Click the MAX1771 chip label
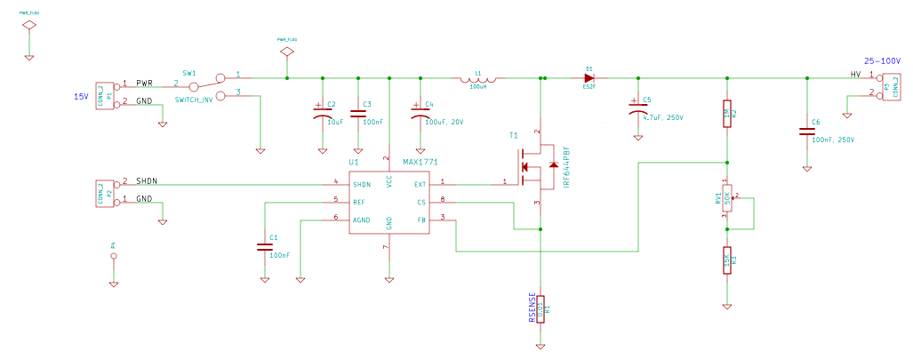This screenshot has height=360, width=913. (420, 163)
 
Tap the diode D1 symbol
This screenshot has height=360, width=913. (589, 78)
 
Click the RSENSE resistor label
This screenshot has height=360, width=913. (533, 308)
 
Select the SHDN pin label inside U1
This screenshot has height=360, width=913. (362, 185)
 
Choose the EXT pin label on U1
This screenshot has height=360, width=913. (420, 185)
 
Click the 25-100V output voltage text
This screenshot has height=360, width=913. (885, 61)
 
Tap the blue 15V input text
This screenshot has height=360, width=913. (80, 96)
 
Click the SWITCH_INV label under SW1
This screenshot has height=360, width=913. (194, 100)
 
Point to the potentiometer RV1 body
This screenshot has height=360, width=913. (727, 201)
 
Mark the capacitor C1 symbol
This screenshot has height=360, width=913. (264, 246)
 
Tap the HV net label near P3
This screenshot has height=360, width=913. (855, 74)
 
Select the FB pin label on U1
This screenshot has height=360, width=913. (421, 220)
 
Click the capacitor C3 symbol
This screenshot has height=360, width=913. (357, 113)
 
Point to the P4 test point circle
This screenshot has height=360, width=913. (113, 256)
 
